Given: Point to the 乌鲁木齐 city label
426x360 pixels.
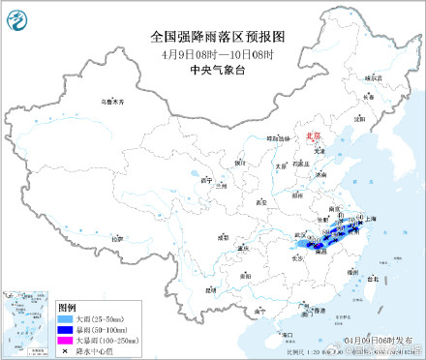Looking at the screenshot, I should click(x=114, y=101).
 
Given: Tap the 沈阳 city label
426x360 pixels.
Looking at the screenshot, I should click(x=359, y=119).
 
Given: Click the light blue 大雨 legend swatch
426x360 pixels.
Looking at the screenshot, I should click(x=67, y=316).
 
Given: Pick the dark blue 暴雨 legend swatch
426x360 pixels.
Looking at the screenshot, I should click(x=67, y=327).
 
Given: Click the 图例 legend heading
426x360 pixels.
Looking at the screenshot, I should click(x=66, y=305).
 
